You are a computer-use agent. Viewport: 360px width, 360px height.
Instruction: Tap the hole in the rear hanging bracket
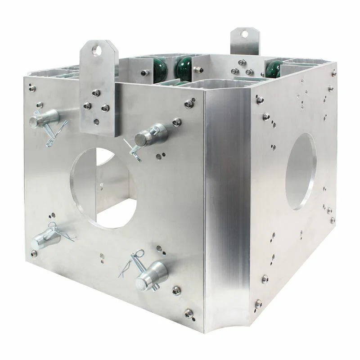click(x=244, y=34)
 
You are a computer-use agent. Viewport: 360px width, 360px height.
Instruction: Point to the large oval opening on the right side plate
click(x=301, y=171)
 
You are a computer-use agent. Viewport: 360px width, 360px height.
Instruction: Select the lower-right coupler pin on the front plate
click(x=152, y=274)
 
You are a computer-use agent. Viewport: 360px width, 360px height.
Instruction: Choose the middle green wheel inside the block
click(x=184, y=69)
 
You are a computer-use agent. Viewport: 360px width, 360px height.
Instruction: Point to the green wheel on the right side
click(x=273, y=69)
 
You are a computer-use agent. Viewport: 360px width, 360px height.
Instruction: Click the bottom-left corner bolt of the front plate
click(x=34, y=253)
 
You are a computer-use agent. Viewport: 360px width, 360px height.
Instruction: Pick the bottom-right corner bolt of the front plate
click(x=189, y=312)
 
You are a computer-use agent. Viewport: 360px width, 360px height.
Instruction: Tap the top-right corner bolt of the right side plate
click(x=333, y=72)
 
